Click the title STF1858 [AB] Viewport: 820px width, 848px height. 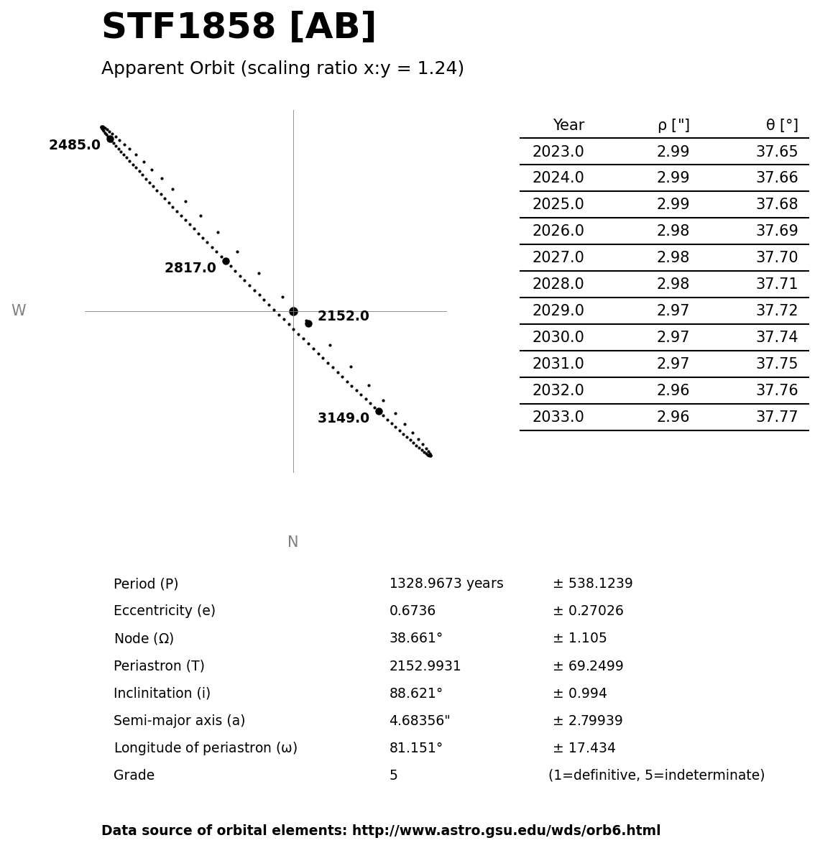tap(239, 28)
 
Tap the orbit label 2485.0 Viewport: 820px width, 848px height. tap(75, 145)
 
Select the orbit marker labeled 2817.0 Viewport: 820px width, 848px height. tap(226, 261)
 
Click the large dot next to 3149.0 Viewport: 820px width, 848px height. tap(379, 411)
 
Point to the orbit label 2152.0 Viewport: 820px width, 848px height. tap(344, 316)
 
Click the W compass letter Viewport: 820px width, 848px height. tap(19, 310)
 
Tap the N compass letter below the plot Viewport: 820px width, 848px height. tap(292, 542)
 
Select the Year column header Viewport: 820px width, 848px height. tap(568, 126)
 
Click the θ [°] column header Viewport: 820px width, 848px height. tap(782, 126)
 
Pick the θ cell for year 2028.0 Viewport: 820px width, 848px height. tap(776, 285)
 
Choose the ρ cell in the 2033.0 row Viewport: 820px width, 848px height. tap(673, 417)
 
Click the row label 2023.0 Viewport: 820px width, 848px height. tap(558, 152)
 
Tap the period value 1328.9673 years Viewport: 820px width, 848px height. tap(446, 584)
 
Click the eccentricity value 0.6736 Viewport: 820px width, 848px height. tap(413, 611)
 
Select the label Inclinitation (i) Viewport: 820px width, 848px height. tap(162, 693)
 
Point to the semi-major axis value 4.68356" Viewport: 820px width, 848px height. tap(420, 721)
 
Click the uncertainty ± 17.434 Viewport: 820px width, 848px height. tap(584, 748)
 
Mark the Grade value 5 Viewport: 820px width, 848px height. tap(393, 775)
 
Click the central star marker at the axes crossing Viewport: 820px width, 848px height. tap(293, 311)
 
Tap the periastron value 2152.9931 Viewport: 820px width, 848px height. tap(425, 666)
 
